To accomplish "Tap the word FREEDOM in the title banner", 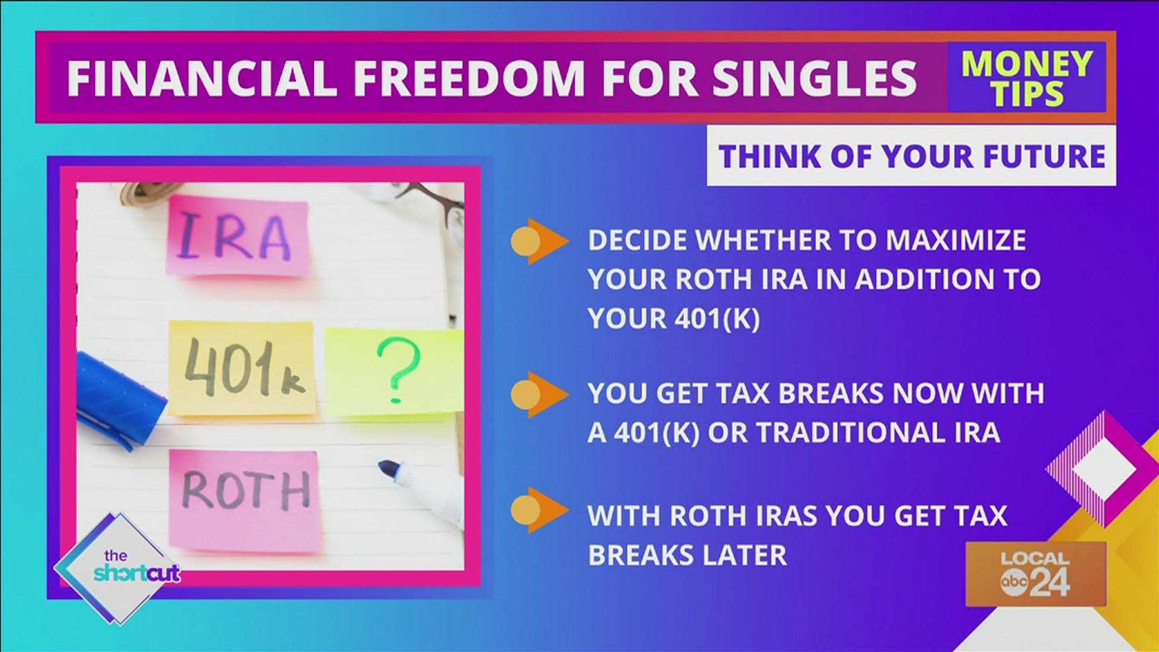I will pos(468,78).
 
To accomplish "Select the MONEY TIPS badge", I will pos(1026,78).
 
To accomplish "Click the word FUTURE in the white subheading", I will pos(1044,156).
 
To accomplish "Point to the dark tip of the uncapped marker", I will pos(390,468).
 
